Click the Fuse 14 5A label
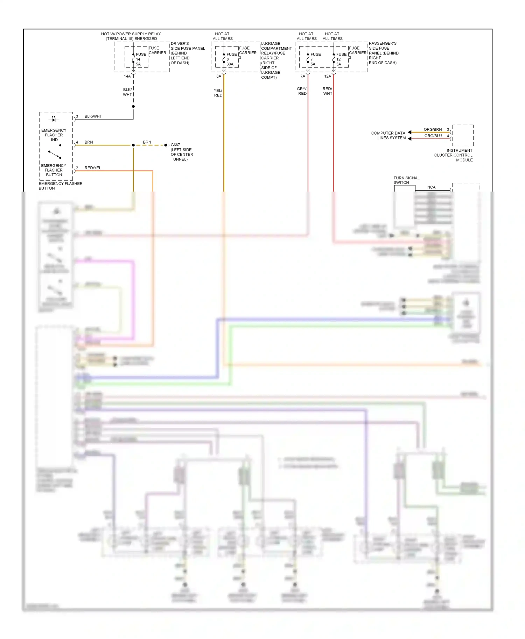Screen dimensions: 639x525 coord(141,59)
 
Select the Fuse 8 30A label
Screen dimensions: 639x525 coord(231,59)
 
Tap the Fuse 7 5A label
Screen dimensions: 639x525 coord(315,59)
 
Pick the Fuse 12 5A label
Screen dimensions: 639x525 coord(341,59)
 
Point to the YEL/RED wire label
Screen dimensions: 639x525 coord(218,93)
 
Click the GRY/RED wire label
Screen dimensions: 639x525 coord(302,91)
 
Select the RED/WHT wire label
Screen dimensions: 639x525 coord(327,91)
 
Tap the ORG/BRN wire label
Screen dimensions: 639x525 coord(433,129)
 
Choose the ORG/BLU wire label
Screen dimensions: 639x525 coord(433,136)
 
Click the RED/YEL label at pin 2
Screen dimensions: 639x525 coord(93,168)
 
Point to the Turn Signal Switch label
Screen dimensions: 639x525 coord(406,180)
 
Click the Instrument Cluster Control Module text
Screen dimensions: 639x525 coord(454,155)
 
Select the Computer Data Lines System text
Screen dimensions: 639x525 coord(388,135)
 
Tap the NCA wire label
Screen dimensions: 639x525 coord(431,187)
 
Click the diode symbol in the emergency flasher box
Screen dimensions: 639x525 coord(54,120)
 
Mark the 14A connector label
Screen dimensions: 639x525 coord(127,76)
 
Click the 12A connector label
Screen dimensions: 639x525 coord(327,76)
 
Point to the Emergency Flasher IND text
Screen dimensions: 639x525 coord(54,135)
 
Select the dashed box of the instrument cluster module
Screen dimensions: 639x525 coord(463,135)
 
